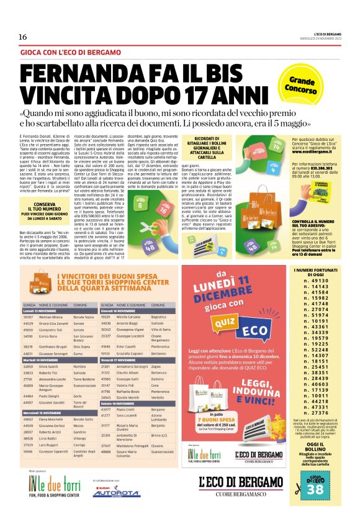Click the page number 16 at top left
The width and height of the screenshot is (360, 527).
(22, 37)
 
